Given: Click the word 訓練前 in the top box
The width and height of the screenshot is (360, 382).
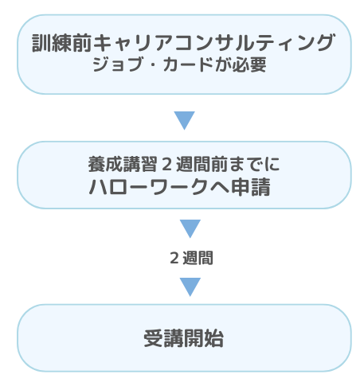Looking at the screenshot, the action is [x=62, y=43].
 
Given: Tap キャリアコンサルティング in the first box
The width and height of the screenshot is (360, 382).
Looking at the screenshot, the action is [x=213, y=42].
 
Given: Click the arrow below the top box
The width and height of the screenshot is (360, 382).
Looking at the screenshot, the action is [x=184, y=120].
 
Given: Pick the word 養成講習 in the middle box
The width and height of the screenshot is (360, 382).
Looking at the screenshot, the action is [x=123, y=164].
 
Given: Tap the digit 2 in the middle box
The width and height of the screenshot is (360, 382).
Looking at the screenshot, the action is [x=166, y=164].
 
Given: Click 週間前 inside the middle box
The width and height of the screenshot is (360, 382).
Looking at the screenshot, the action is [x=202, y=164].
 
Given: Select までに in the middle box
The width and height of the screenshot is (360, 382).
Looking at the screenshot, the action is [x=254, y=164].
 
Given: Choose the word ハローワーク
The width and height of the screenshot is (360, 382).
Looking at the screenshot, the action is [x=148, y=187].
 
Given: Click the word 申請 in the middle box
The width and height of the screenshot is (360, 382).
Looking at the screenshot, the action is [x=251, y=187].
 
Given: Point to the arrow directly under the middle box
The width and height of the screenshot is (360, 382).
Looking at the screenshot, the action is [x=190, y=228].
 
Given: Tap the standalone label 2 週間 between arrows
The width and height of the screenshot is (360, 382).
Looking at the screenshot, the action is [x=191, y=258].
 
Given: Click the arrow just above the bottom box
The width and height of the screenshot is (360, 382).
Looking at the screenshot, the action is [x=190, y=286].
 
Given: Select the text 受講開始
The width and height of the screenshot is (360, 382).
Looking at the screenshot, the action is [x=184, y=338].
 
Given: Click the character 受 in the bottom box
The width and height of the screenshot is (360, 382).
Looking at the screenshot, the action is [x=154, y=338].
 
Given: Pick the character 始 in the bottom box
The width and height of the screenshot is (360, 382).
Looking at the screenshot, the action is [x=214, y=338].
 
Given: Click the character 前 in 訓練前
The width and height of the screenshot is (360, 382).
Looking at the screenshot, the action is [x=82, y=43].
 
